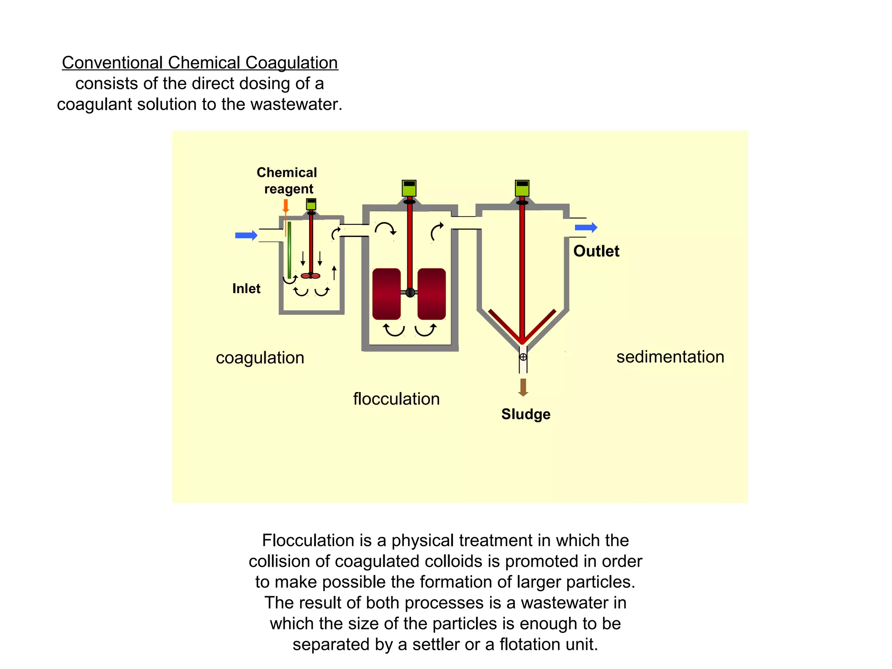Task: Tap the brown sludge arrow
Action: click(x=523, y=387)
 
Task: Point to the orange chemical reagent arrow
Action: click(x=286, y=206)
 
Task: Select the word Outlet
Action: click(x=596, y=251)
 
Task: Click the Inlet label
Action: click(x=246, y=288)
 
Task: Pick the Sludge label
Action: click(x=526, y=414)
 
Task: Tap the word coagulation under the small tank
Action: click(x=260, y=358)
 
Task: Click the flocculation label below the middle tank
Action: click(x=396, y=399)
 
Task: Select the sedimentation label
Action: click(x=670, y=357)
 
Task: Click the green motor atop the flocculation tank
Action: click(x=409, y=188)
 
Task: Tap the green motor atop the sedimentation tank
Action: click(x=522, y=188)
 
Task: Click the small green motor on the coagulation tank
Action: click(x=311, y=204)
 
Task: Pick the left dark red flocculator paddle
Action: click(x=386, y=294)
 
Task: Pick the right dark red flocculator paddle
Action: click(x=432, y=294)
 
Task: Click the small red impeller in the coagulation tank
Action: click(x=311, y=276)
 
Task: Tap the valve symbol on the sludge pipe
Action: click(x=523, y=357)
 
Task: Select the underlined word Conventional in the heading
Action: click(x=112, y=63)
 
